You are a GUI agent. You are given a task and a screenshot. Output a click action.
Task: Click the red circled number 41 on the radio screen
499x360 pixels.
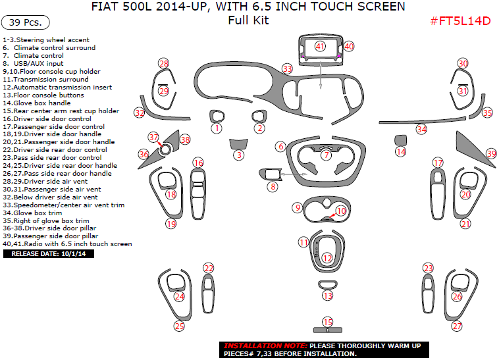point(320,46)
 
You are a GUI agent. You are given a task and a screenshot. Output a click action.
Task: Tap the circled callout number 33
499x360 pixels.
point(287,68)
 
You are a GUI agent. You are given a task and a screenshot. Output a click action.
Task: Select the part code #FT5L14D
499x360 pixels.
point(460,20)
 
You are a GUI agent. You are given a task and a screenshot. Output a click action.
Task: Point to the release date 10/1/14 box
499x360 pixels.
point(48,253)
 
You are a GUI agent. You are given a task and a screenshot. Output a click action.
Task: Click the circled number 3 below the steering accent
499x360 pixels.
point(239,155)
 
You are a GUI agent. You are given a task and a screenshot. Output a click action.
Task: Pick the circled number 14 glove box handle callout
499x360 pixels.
point(400,152)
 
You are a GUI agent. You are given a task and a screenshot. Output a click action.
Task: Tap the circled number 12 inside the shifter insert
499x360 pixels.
point(327,259)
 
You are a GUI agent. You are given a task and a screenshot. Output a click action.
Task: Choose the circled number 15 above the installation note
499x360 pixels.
point(327,322)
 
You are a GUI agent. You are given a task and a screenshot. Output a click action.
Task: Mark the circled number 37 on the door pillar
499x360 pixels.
point(153,137)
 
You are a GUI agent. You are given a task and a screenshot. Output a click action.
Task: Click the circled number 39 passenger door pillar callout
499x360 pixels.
point(491,153)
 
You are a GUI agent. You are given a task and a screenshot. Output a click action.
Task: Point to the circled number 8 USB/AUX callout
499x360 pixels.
point(272,187)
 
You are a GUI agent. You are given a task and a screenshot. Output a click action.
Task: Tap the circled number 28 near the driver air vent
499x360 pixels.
point(164,63)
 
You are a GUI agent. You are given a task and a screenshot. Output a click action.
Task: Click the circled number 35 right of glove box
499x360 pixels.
point(487,113)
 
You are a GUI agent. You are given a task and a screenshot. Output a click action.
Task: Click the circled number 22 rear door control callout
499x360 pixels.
point(209,268)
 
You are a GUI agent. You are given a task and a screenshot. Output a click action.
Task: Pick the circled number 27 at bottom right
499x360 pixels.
point(457,326)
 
